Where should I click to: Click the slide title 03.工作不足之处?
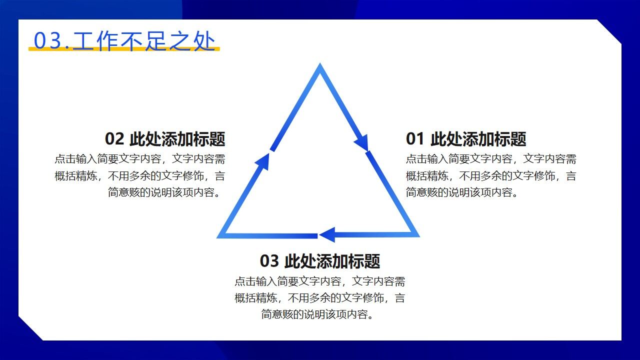[x=124, y=40]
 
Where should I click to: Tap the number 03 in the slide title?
[x=46, y=41]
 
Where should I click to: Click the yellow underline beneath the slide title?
[x=124, y=49]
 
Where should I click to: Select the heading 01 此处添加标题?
[x=465, y=138]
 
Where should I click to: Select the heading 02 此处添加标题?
[x=165, y=138]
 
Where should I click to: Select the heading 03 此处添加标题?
[x=319, y=260]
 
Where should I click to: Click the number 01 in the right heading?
[x=415, y=139]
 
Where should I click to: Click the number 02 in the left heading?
[x=114, y=139]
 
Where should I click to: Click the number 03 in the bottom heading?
[x=269, y=261]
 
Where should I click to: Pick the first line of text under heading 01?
[x=491, y=159]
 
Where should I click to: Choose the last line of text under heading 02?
[x=166, y=192]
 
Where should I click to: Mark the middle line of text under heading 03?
[x=319, y=298]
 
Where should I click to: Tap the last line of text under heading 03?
[x=319, y=314]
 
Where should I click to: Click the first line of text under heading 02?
[x=140, y=159]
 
